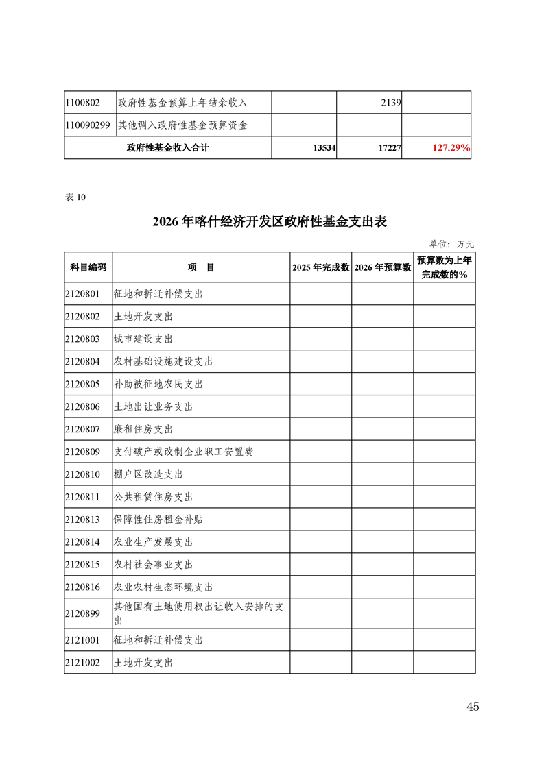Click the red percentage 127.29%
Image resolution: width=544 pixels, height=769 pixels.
[x=451, y=148]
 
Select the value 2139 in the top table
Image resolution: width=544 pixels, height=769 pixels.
[x=390, y=103]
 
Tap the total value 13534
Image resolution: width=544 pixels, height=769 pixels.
[x=323, y=148]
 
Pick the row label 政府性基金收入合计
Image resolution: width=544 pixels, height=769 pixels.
[x=168, y=148]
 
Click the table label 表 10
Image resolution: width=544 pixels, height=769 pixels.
[x=75, y=197]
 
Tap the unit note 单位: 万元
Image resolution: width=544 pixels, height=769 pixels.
[x=451, y=243]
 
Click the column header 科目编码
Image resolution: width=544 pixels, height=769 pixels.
[x=88, y=268]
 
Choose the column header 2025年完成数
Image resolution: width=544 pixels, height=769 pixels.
[x=320, y=268]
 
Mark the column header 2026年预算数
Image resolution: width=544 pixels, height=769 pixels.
[x=382, y=268]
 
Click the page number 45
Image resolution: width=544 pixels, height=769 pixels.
[x=472, y=707]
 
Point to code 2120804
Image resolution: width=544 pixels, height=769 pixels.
[x=82, y=361]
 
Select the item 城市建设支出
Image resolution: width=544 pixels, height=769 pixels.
[x=143, y=339]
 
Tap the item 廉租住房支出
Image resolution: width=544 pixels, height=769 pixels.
[x=143, y=429]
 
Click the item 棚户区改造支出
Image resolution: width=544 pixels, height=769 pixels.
[x=148, y=474]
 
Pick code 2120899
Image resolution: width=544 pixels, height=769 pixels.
[x=82, y=610]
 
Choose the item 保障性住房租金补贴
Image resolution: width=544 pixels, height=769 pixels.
[x=158, y=520]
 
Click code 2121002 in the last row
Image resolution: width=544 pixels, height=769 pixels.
[x=82, y=663]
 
